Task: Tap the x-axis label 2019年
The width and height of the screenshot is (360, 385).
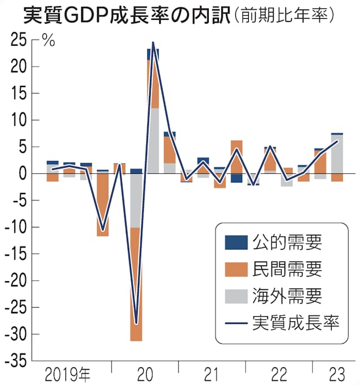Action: [68, 374]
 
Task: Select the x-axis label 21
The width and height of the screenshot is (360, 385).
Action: [212, 374]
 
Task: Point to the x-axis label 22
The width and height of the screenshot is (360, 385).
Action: [279, 374]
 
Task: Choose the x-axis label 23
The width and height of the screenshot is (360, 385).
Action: [337, 374]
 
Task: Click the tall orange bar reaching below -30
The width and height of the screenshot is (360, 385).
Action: [136, 285]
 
